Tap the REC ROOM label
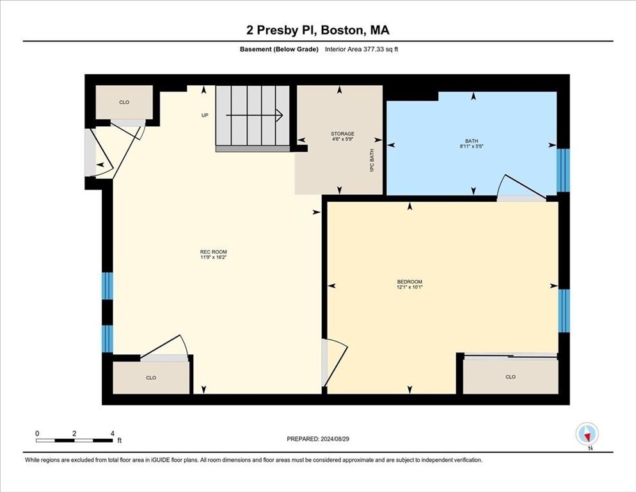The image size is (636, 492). pyautogui.click(x=213, y=252)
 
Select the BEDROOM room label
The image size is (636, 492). pyautogui.click(x=409, y=281)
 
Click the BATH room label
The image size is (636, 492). pyautogui.click(x=472, y=141)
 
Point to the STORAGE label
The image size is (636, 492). pyautogui.click(x=342, y=134)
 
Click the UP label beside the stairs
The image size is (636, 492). pyautogui.click(x=205, y=115)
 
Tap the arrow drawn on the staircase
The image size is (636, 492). pyautogui.click(x=254, y=115)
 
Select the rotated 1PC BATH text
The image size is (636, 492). pyautogui.click(x=372, y=160)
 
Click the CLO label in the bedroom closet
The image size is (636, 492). pyautogui.click(x=510, y=377)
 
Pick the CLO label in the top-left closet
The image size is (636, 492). pyautogui.click(x=124, y=102)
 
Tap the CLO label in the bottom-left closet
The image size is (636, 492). pyautogui.click(x=151, y=377)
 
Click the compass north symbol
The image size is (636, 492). pyautogui.click(x=587, y=434)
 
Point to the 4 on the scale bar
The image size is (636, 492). pyautogui.click(x=113, y=434)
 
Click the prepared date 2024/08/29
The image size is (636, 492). pyautogui.click(x=335, y=439)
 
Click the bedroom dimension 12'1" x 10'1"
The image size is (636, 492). pyautogui.click(x=409, y=287)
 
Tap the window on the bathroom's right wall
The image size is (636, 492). pyautogui.click(x=563, y=170)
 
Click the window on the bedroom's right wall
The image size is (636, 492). pyautogui.click(x=564, y=311)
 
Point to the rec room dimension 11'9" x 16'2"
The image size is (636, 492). pyautogui.click(x=213, y=257)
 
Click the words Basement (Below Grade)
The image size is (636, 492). pyautogui.click(x=279, y=49)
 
